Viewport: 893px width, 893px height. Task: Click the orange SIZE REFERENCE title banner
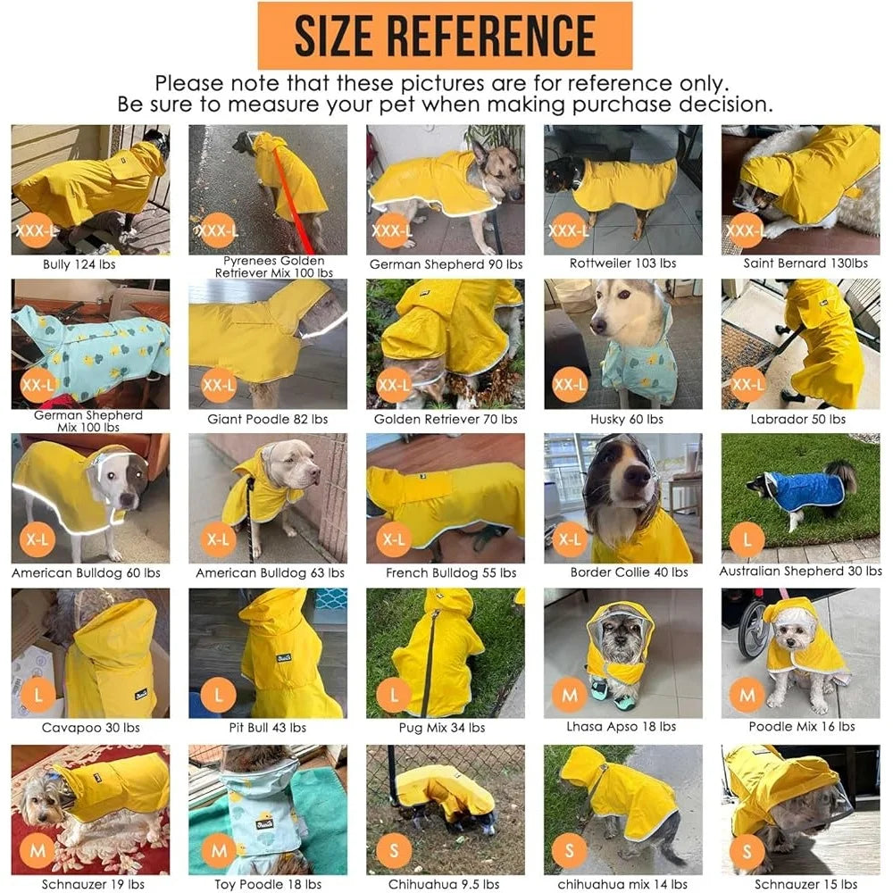point(445,35)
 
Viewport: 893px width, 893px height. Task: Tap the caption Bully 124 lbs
point(79,264)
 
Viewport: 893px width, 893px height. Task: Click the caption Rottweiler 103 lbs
point(623,263)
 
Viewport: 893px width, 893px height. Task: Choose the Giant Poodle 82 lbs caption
point(267,419)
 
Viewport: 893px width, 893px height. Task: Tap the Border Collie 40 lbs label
point(623,572)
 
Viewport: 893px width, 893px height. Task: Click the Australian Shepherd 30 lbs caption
point(800,571)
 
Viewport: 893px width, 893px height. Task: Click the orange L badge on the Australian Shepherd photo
point(747,539)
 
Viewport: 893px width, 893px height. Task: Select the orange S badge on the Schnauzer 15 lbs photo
point(747,849)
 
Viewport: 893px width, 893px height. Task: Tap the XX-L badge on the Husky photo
point(570,386)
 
